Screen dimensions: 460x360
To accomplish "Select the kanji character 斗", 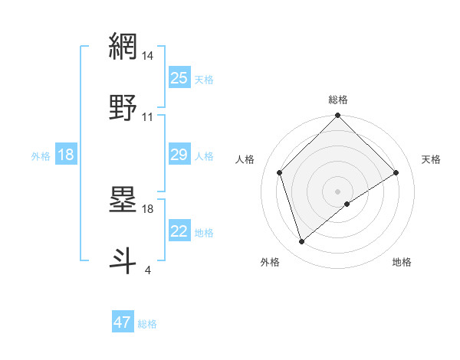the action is click(x=123, y=260).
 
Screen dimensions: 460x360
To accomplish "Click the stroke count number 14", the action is click(x=148, y=56).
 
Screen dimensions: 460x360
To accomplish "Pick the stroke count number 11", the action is click(x=148, y=116).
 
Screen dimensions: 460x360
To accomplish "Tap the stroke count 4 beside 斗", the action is click(x=147, y=270).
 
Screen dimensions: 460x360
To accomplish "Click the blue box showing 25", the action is click(x=179, y=78).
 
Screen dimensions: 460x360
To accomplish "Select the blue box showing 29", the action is click(x=179, y=155).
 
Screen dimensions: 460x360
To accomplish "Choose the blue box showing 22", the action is click(x=179, y=232).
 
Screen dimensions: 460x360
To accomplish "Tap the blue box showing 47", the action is click(x=123, y=322).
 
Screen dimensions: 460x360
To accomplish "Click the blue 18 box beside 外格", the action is click(x=66, y=155).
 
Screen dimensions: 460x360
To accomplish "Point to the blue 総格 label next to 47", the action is click(x=147, y=324).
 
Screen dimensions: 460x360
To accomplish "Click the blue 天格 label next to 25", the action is click(x=204, y=80).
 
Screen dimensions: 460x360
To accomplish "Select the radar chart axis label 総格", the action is click(x=338, y=100).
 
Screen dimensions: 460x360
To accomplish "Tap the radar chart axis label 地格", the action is click(x=402, y=262).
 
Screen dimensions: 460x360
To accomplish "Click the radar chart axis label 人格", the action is click(x=246, y=159).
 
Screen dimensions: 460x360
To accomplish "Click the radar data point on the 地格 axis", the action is click(x=347, y=204).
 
